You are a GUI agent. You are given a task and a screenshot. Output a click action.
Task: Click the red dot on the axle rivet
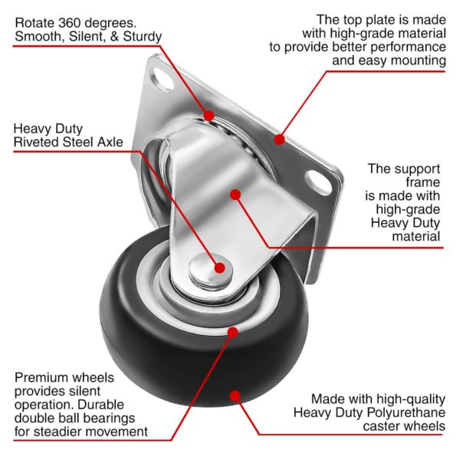tap(220, 268)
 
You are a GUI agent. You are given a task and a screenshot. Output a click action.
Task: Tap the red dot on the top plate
tap(280, 139)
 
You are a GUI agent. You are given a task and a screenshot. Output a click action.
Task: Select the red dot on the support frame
tap(235, 195)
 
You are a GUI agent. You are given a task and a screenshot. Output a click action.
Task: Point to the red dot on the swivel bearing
tap(209, 115)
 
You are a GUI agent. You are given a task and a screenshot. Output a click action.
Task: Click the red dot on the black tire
tap(235, 396)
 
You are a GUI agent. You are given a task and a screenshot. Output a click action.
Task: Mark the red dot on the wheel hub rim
tap(232, 332)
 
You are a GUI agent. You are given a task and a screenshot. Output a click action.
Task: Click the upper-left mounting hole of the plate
tap(161, 79)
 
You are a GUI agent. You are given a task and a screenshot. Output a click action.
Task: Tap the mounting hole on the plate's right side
tap(318, 182)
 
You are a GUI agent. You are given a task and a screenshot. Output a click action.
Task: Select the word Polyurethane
tap(406, 412)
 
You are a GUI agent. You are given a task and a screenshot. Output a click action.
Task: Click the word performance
tap(408, 48)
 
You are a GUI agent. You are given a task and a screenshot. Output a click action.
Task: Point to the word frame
tap(422, 182)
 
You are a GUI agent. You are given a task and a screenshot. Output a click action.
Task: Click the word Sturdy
tap(143, 37)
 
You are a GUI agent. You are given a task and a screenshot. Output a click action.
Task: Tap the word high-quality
tap(411, 399)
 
